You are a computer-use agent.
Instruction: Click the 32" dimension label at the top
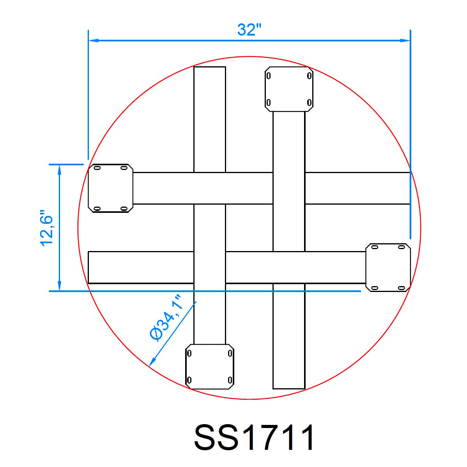coord(249,30)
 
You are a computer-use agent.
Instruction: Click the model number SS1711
coord(254,437)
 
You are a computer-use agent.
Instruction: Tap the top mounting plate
coord(288,89)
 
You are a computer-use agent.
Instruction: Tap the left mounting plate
coord(111,188)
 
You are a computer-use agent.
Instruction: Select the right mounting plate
coord(388,267)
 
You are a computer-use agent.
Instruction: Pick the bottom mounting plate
coord(209,366)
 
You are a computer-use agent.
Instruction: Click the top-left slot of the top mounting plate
coord(268,76)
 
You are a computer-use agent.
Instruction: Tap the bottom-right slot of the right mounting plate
coord(401,288)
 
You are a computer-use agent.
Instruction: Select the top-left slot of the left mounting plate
coord(97,168)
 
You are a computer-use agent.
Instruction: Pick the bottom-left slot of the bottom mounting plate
coord(189,380)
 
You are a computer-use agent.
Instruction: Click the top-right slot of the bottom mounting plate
coord(230,354)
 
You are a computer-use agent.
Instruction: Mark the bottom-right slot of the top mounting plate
coord(309,103)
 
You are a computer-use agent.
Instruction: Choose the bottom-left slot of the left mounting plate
coord(97,209)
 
